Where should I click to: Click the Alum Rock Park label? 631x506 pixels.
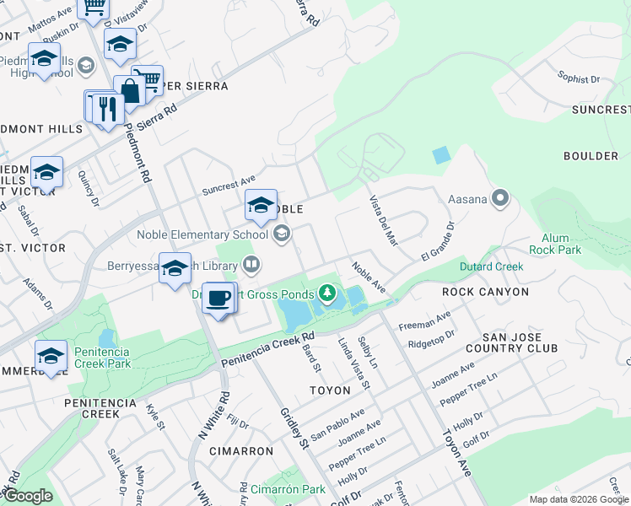coord(555,244)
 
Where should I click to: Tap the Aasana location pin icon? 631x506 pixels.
coord(500,199)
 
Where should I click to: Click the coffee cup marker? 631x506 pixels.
coord(219,299)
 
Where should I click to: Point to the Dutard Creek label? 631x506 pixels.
coord(491,266)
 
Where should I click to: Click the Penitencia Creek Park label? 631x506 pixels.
coord(102,358)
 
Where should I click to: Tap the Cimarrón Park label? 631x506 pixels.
coord(288,489)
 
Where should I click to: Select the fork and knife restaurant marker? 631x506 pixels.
coord(107,109)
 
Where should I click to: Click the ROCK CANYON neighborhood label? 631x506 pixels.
coord(485,292)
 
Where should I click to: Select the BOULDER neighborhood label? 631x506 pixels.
coord(591,156)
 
